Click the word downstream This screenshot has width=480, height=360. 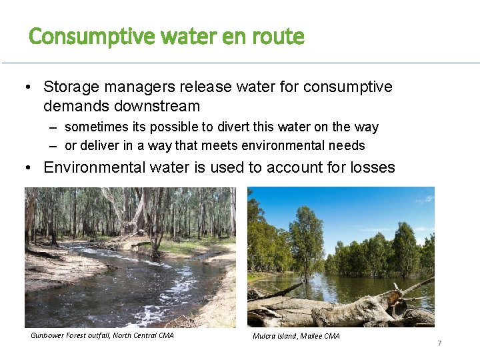click(157, 106)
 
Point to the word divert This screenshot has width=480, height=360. click(270, 127)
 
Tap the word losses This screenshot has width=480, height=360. click(371, 167)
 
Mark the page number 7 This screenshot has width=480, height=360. click(439, 343)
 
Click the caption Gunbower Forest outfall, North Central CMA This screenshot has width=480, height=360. click(102, 335)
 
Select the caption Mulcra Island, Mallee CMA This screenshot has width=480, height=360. click(296, 336)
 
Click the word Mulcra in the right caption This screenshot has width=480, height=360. click(265, 336)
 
